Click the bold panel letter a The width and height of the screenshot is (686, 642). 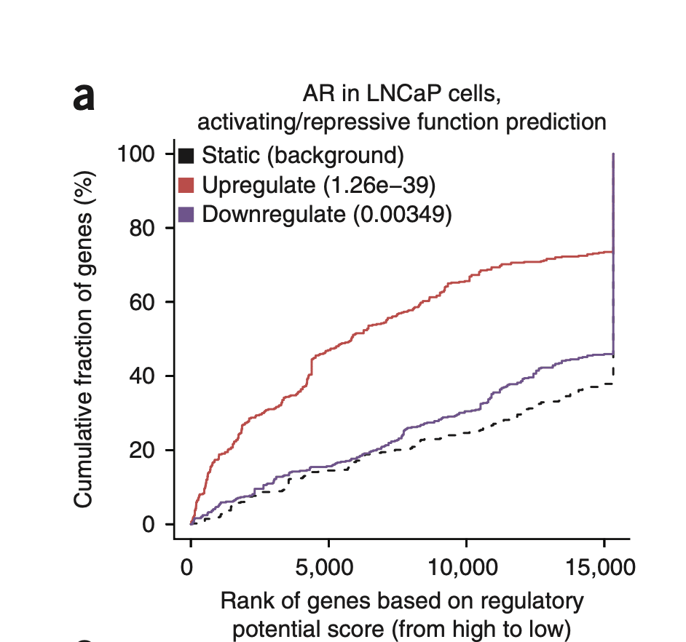click(84, 98)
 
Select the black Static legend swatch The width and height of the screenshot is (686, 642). click(186, 155)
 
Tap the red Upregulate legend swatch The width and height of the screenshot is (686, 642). click(186, 185)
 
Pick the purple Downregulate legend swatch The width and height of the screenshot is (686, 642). click(186, 215)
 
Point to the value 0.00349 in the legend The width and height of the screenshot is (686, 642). click(403, 215)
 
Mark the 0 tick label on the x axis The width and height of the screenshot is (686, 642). click(191, 566)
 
